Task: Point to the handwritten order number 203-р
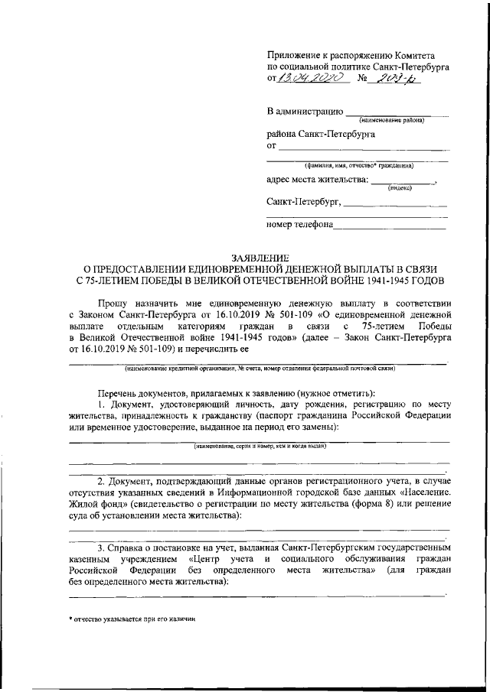[407, 78]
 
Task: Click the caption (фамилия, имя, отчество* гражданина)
[358, 164]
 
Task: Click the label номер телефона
[299, 225]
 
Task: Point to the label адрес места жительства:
[316, 181]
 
